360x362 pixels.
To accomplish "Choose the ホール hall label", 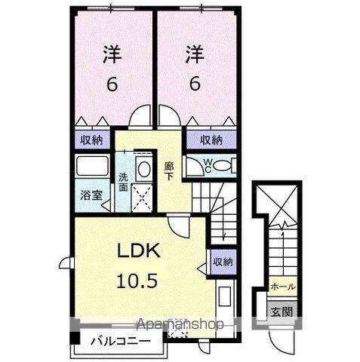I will (x=282, y=287).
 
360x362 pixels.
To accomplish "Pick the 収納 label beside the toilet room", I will (x=211, y=139).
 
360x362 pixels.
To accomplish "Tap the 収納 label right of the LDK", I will (x=222, y=260).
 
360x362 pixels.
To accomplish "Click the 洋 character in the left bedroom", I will (x=111, y=54).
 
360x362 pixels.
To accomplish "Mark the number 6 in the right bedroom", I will (x=195, y=84).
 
